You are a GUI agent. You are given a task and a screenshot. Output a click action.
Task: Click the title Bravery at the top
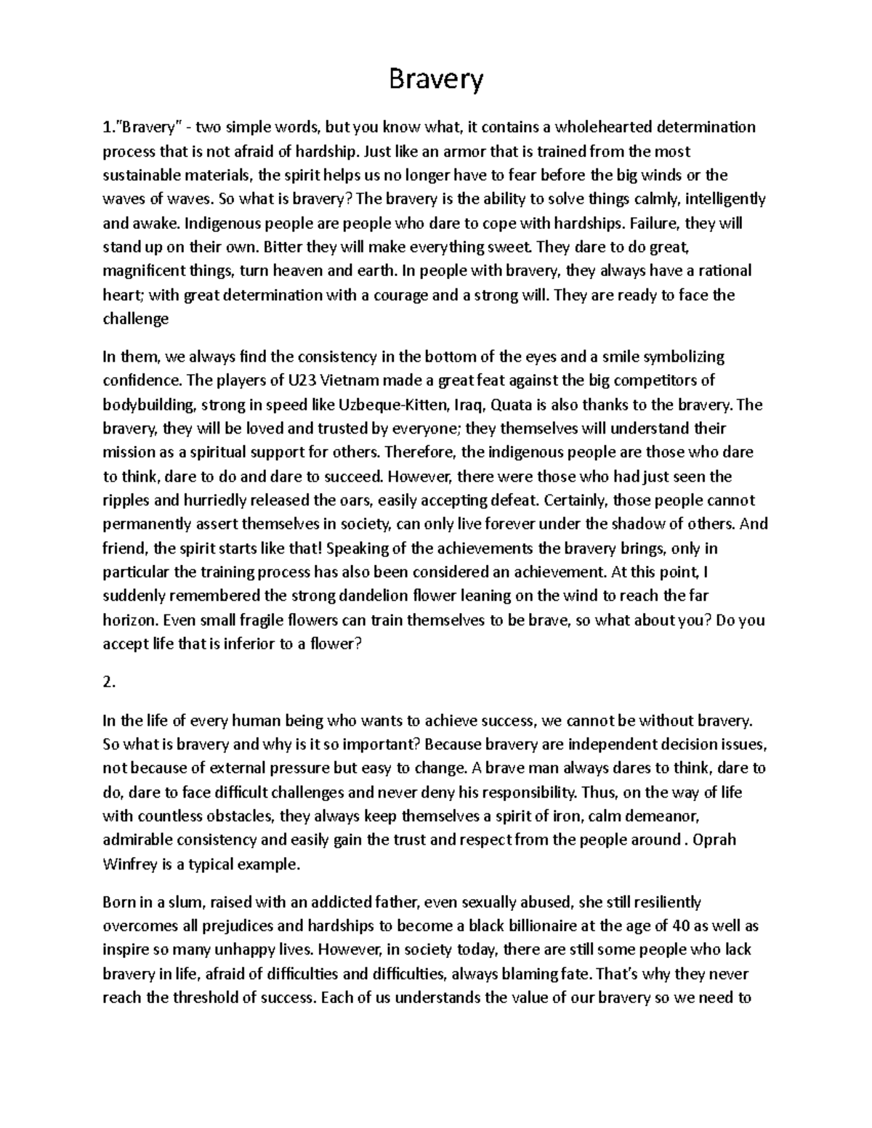click(436, 79)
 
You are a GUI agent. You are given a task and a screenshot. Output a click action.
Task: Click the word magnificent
click(142, 271)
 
